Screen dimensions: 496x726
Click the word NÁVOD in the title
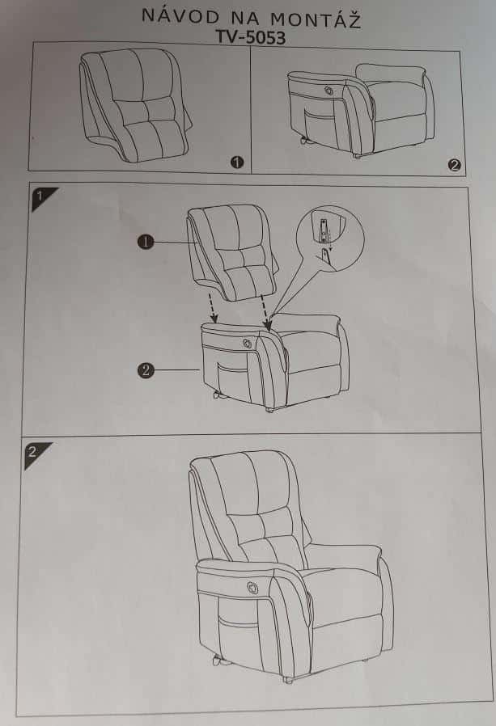(x=180, y=17)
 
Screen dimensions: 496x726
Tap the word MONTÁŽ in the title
(x=316, y=20)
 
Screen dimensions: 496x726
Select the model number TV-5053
(x=251, y=37)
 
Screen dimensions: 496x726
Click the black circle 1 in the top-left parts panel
(x=237, y=162)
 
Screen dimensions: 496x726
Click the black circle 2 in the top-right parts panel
(x=454, y=165)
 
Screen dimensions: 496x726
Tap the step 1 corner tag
(x=42, y=197)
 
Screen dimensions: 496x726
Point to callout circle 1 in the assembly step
(x=146, y=242)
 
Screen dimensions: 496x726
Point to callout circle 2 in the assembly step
(x=146, y=370)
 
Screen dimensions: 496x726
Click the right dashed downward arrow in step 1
(x=265, y=312)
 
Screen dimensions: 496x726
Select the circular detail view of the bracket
(x=330, y=238)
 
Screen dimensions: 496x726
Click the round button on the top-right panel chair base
(x=329, y=89)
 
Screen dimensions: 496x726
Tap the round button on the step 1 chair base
(x=246, y=342)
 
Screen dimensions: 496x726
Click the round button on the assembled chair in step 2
(x=252, y=588)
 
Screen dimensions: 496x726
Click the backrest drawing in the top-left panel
(x=134, y=104)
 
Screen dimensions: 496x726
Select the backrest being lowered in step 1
(x=232, y=252)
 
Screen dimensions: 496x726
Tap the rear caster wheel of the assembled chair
(x=217, y=661)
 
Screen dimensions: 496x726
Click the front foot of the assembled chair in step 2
(x=288, y=680)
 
